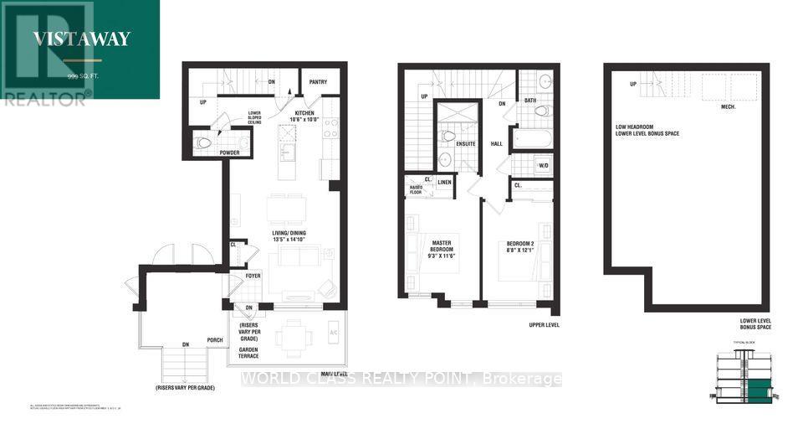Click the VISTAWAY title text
[x=81, y=37]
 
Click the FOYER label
[x=253, y=276]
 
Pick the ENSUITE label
[x=465, y=144]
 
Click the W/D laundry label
[x=544, y=165]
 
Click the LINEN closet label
[x=445, y=182]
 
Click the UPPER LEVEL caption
[x=544, y=324]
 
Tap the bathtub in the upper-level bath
[x=532, y=137]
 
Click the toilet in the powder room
[x=203, y=142]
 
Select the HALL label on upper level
[x=497, y=143]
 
